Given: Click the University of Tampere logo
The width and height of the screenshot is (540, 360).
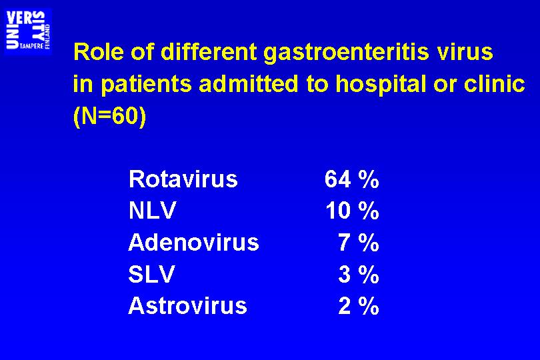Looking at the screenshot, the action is (28, 31).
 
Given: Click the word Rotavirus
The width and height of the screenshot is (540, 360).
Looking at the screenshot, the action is (183, 179).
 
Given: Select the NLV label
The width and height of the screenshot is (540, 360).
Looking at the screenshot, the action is (152, 210).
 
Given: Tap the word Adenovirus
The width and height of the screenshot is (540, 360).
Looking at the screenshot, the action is (193, 242).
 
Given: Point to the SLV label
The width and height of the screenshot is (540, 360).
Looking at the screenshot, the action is (151, 274).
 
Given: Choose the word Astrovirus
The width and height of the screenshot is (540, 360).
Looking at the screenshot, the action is (188, 306).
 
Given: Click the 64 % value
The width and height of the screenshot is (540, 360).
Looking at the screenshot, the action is (351, 179).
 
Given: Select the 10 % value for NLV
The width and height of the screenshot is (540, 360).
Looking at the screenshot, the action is (352, 211).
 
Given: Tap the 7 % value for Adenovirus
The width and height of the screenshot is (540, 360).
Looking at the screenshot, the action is (359, 242).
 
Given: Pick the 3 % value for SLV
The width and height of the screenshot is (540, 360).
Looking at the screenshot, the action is (359, 274).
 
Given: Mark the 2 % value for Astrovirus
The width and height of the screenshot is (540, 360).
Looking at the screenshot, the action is (359, 306).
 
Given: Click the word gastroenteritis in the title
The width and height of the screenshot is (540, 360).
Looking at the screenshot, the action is (347, 53).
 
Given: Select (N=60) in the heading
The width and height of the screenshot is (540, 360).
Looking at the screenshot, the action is (110, 116).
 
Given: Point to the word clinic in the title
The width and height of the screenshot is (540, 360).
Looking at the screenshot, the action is (495, 83).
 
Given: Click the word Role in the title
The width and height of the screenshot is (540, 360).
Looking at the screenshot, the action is (99, 52).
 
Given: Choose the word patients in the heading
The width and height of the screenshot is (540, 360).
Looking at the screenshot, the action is (147, 85).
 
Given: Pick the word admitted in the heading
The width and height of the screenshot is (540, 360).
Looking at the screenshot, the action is (248, 84).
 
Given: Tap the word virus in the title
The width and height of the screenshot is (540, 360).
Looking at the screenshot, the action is (465, 52).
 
